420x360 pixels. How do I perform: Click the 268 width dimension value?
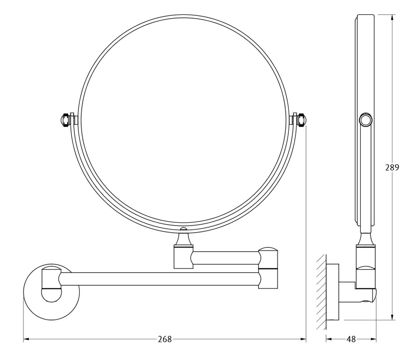[x=164, y=339]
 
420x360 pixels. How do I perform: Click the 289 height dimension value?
[x=392, y=168]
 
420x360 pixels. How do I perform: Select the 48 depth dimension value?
[x=351, y=339]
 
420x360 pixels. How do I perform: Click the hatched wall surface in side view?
[x=321, y=292]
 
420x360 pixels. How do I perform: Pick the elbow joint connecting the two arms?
[x=268, y=268]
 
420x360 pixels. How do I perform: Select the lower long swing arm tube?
[x=160, y=279]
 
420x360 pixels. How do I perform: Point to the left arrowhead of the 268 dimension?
[x=26, y=339]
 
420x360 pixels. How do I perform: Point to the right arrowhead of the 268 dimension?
[x=303, y=339]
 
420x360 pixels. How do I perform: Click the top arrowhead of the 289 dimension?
[x=392, y=17]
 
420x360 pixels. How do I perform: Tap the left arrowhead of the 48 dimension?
[x=329, y=339]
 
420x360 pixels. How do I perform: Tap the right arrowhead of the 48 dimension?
[x=374, y=339]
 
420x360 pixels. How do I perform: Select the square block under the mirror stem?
[x=183, y=258]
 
